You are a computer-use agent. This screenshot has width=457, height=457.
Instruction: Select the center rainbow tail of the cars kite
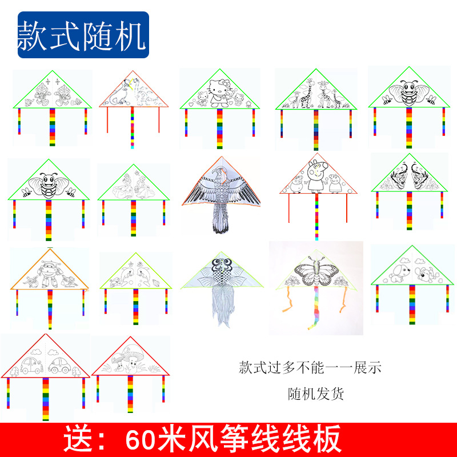pos(46,400)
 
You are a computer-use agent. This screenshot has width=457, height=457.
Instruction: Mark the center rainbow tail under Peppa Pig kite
pos(316,217)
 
